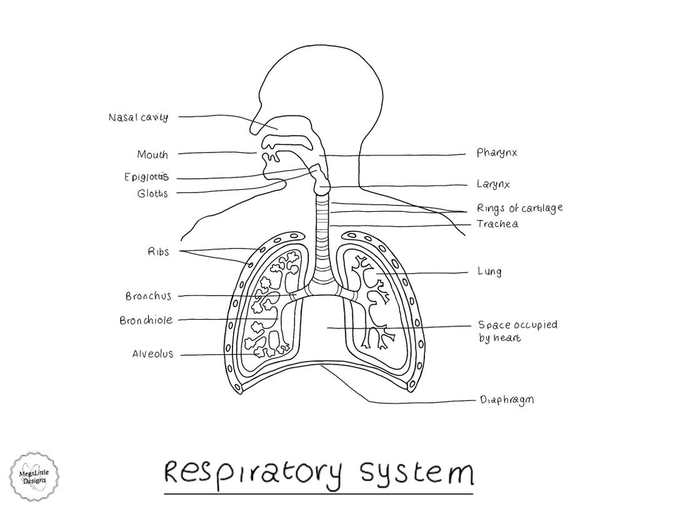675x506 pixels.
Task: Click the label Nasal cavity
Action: [138, 117]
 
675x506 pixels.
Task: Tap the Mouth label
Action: [152, 154]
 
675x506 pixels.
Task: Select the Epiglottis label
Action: [146, 177]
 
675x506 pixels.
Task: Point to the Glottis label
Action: [152, 194]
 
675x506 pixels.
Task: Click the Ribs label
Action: [158, 252]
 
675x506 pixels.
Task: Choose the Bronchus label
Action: [148, 296]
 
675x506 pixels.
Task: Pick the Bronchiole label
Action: [146, 320]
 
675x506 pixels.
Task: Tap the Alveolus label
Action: [152, 354]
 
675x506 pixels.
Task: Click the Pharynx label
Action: [497, 153]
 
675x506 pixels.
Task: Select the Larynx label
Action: [493, 185]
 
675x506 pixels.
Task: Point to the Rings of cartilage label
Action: [519, 208]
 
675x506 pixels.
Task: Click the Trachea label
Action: [497, 224]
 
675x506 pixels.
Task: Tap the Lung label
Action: [489, 272]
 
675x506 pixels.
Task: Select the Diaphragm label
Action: [506, 400]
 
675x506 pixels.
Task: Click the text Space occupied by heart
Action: [517, 331]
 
